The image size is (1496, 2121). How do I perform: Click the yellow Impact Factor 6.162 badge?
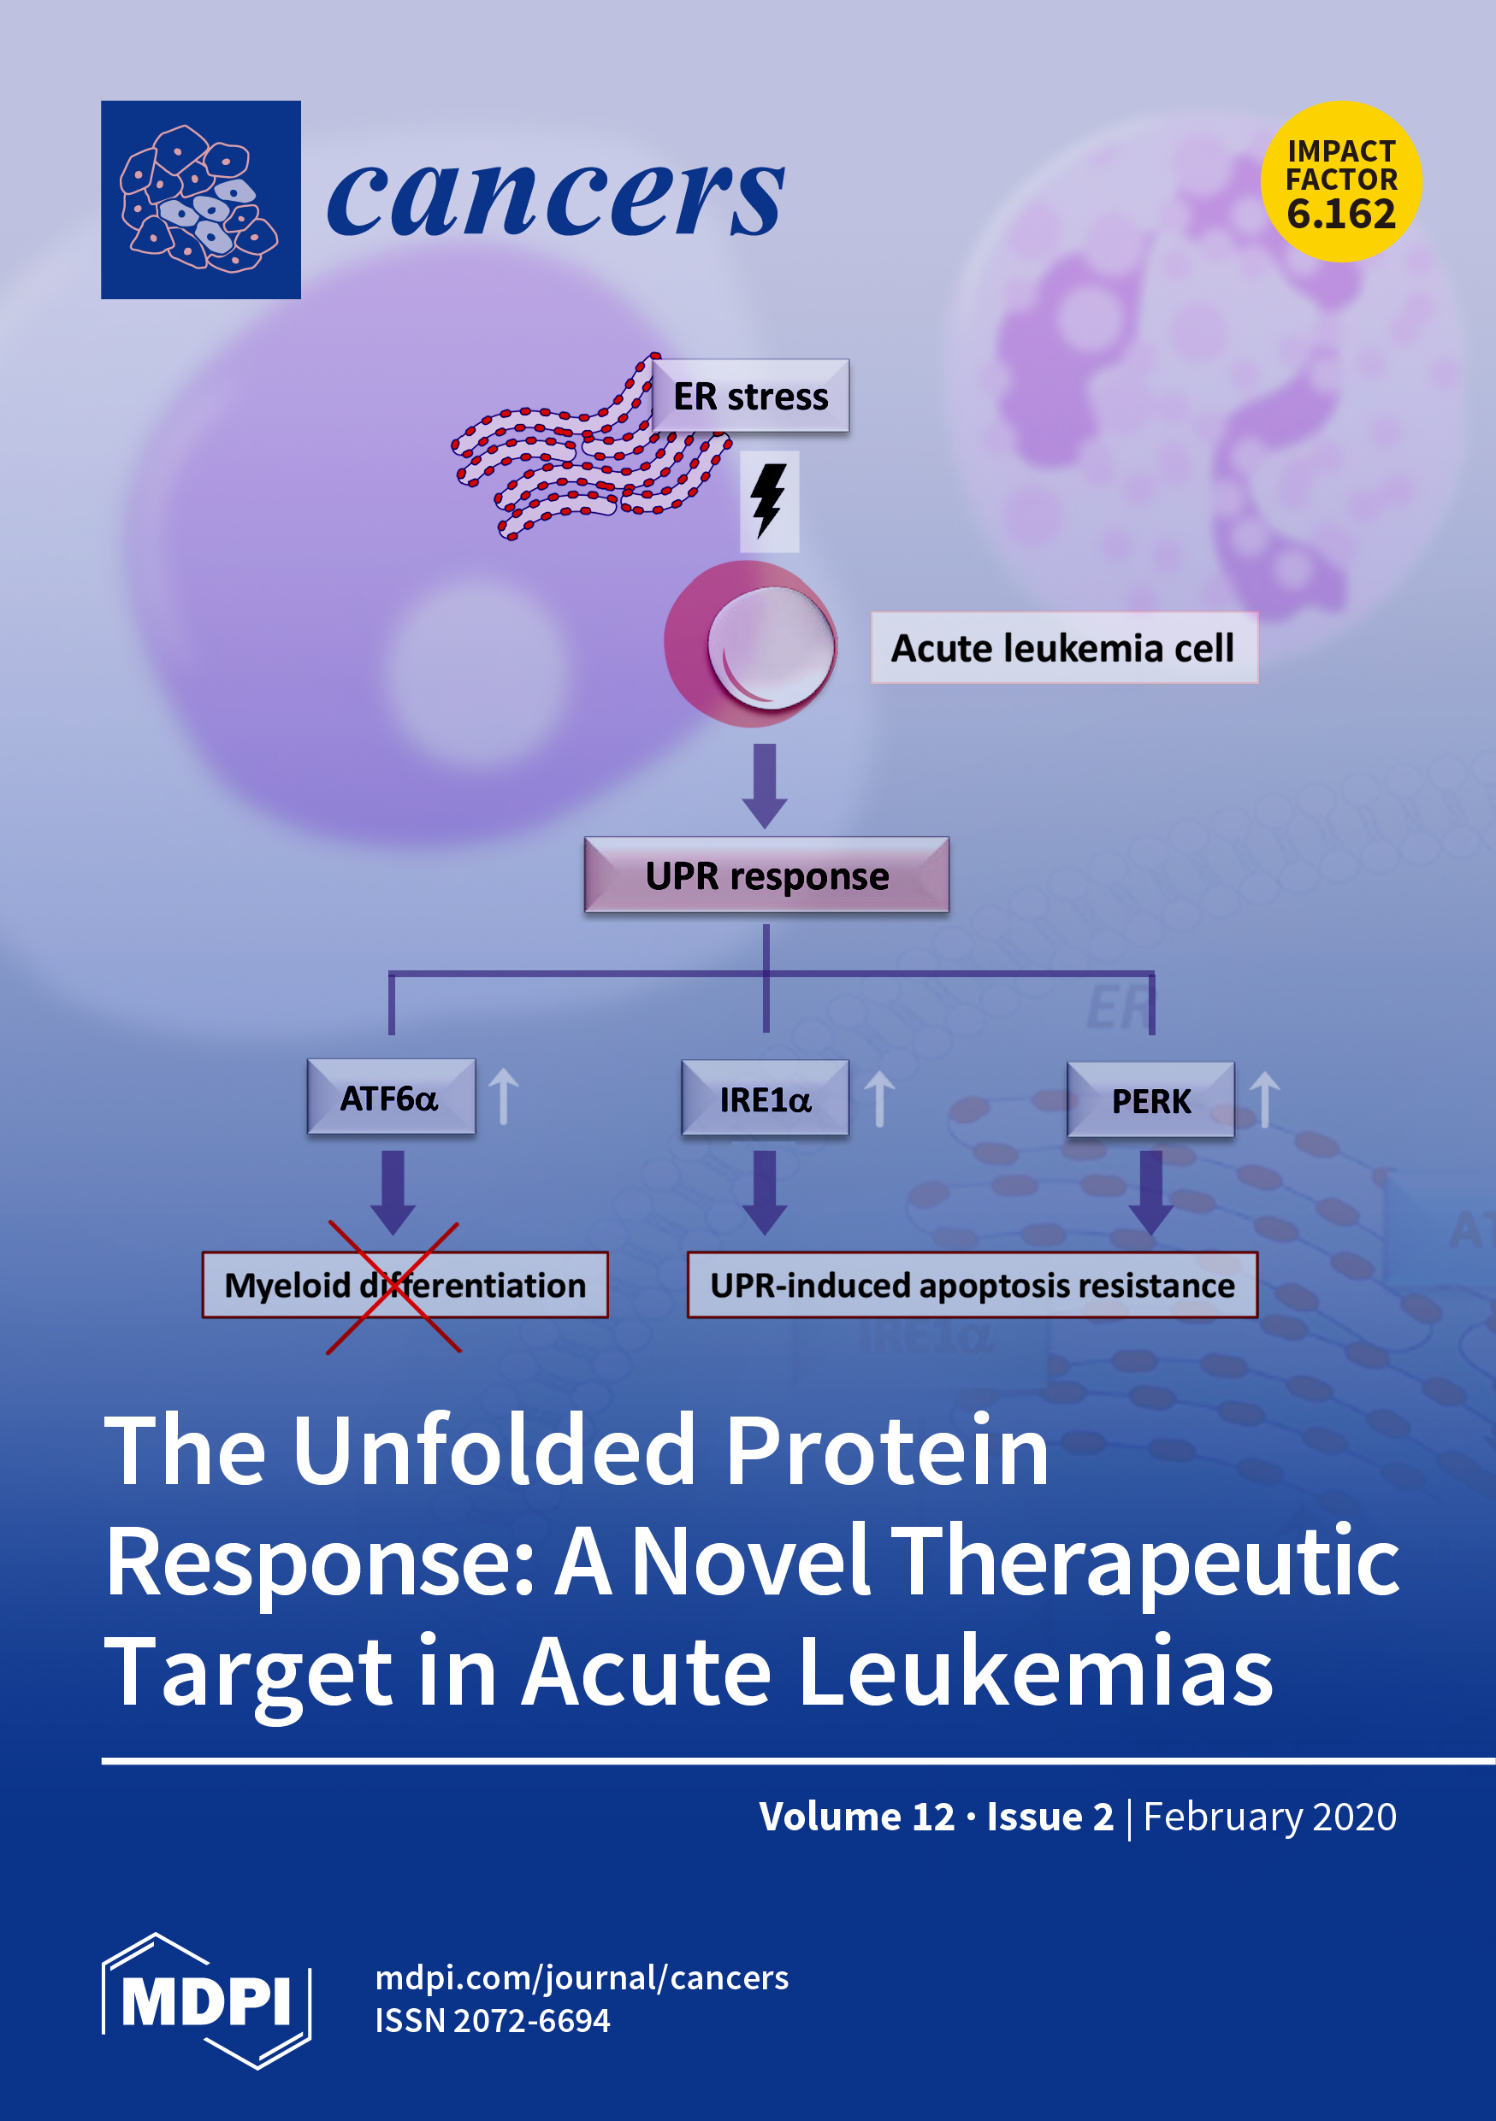(x=1341, y=181)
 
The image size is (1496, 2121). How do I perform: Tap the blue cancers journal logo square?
(x=200, y=199)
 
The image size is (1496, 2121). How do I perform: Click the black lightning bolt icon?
(x=768, y=500)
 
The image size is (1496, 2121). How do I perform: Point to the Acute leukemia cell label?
(x=1062, y=647)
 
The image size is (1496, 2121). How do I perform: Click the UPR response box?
(x=766, y=875)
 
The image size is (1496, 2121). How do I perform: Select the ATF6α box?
(x=391, y=1098)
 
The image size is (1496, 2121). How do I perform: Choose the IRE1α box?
(x=765, y=1099)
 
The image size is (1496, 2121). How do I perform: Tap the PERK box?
(x=1150, y=1100)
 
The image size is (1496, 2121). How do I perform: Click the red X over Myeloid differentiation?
(x=393, y=1287)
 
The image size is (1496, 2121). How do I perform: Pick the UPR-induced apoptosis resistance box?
(x=972, y=1285)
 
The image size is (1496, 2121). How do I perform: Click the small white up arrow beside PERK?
(x=1264, y=1099)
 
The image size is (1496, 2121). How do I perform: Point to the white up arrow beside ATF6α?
(x=504, y=1096)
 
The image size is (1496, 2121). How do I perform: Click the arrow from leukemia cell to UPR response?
(x=765, y=785)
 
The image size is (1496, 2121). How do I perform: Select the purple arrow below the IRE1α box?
(x=765, y=1192)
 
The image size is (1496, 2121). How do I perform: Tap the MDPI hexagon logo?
(x=206, y=2001)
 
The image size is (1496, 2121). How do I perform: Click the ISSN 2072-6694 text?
(x=493, y=2020)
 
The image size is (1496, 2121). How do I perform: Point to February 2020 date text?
(x=1269, y=1816)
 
